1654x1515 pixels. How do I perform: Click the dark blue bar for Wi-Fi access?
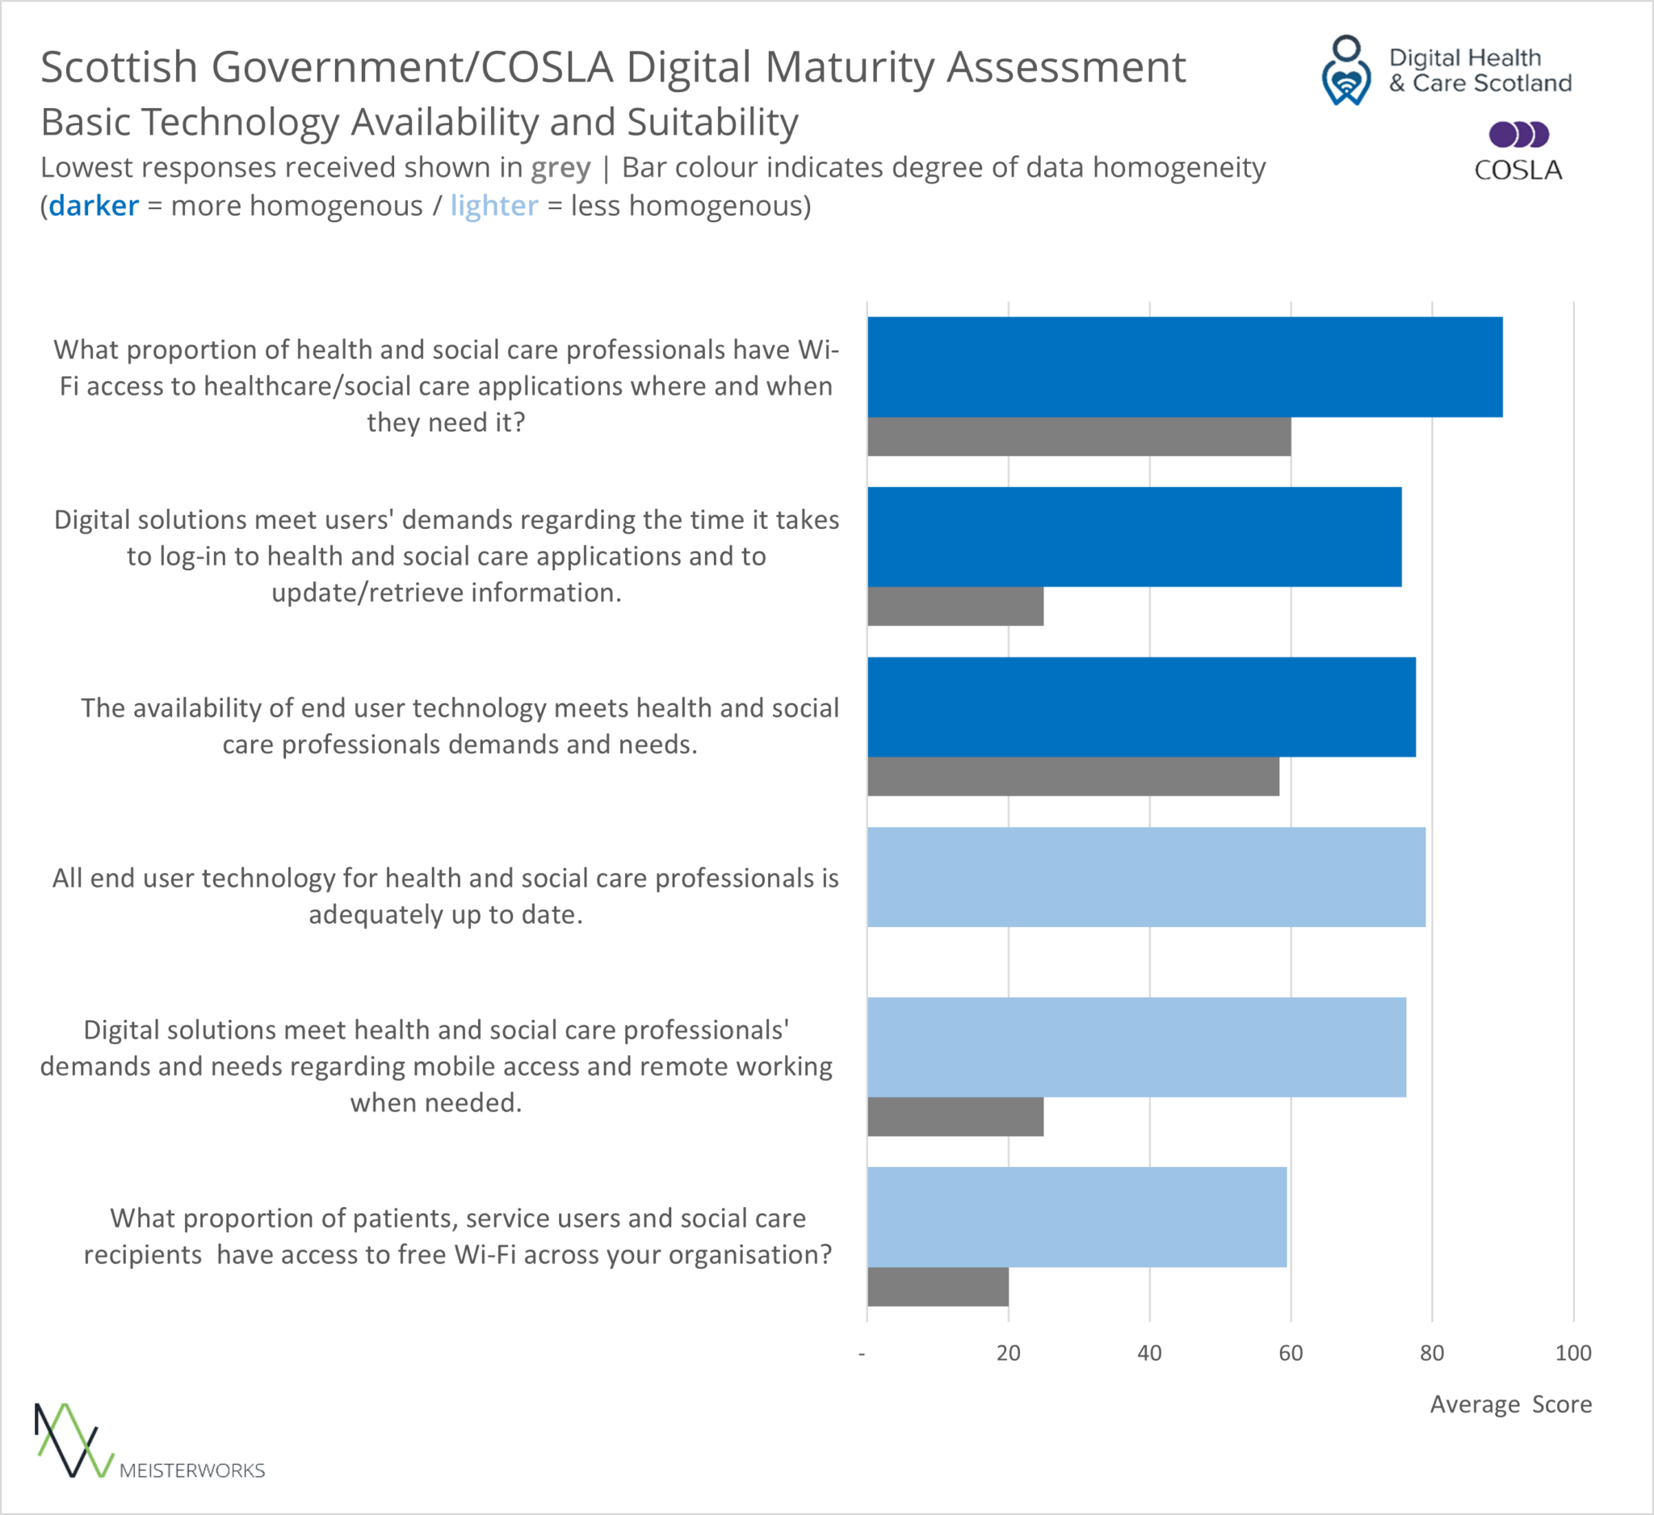pyautogui.click(x=1185, y=367)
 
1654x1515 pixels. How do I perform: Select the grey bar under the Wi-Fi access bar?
pyautogui.click(x=1079, y=436)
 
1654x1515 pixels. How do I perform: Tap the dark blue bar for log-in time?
pyautogui.click(x=1135, y=536)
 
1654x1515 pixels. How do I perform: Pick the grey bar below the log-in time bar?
pyautogui.click(x=955, y=607)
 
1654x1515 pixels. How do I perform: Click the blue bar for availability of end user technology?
pyautogui.click(x=1141, y=707)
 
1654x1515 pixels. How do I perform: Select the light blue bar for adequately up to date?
pyautogui.click(x=1146, y=877)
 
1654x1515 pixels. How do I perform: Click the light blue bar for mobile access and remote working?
pyautogui.click(x=1136, y=1047)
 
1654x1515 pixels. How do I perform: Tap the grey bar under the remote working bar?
pyautogui.click(x=955, y=1116)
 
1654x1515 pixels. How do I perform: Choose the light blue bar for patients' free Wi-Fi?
pyautogui.click(x=1077, y=1216)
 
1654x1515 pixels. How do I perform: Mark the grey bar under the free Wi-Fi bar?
pyautogui.click(x=938, y=1286)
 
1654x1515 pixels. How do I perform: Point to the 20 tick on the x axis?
pyautogui.click(x=1009, y=1353)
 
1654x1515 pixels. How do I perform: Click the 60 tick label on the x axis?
pyautogui.click(x=1291, y=1353)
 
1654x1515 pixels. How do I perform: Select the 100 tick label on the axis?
pyautogui.click(x=1572, y=1353)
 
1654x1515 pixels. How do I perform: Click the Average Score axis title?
pyautogui.click(x=1510, y=1404)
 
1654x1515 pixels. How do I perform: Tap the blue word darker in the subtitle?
pyautogui.click(x=94, y=206)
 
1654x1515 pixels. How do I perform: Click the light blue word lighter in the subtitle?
pyautogui.click(x=494, y=206)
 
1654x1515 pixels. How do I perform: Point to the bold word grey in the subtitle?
pyautogui.click(x=560, y=168)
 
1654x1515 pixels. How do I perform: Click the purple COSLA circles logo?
pyautogui.click(x=1518, y=134)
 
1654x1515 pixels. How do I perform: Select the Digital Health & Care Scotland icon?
pyautogui.click(x=1346, y=70)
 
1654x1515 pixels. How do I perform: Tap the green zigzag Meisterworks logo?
pyautogui.click(x=73, y=1441)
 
